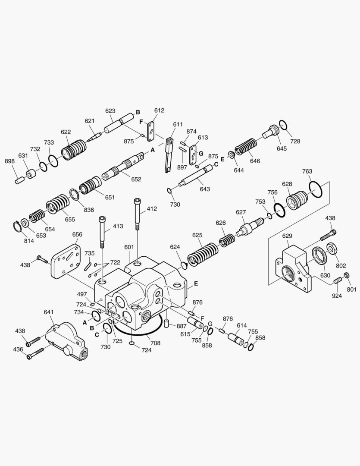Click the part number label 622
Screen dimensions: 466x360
tap(66, 132)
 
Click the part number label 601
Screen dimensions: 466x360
tap(129, 247)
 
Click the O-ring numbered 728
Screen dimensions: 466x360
tap(283, 124)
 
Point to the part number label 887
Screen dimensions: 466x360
tap(181, 326)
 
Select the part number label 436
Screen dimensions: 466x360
tap(18, 349)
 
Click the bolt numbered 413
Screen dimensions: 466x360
tap(102, 232)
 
